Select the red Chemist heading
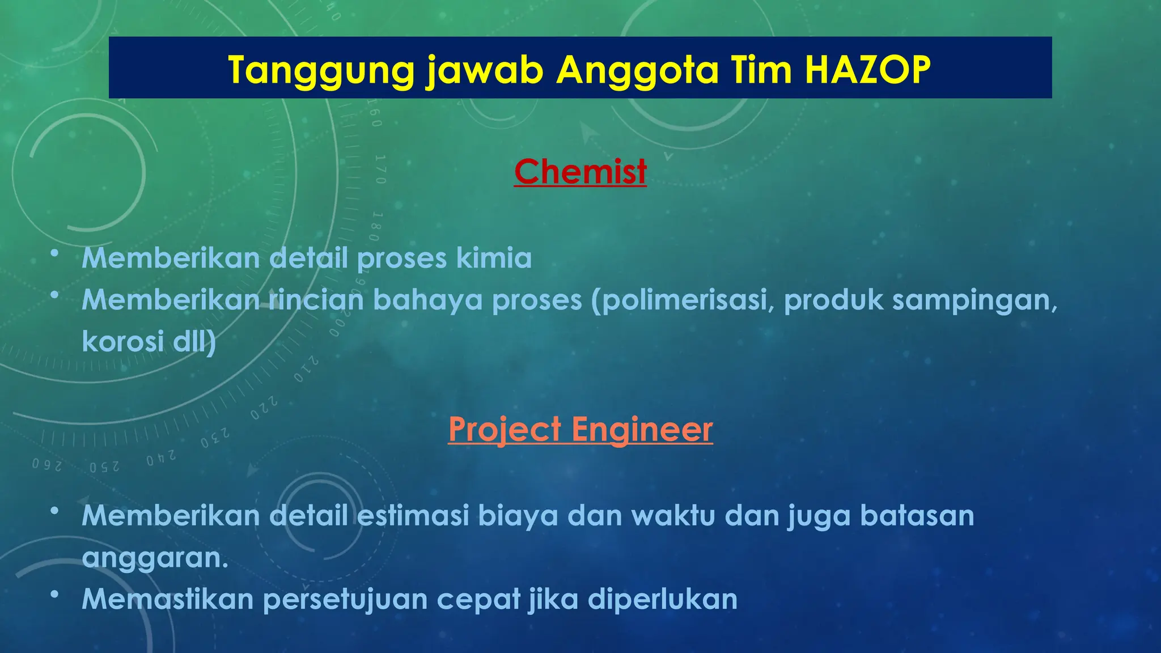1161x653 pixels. click(x=580, y=171)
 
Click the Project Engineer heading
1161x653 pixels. click(x=580, y=429)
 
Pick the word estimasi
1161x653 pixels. click(x=413, y=516)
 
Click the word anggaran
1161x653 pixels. click(x=154, y=558)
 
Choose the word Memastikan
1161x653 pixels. click(x=167, y=599)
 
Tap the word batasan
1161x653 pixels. click(x=917, y=516)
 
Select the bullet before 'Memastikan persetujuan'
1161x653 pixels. click(x=54, y=595)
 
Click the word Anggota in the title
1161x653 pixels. click(x=637, y=70)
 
